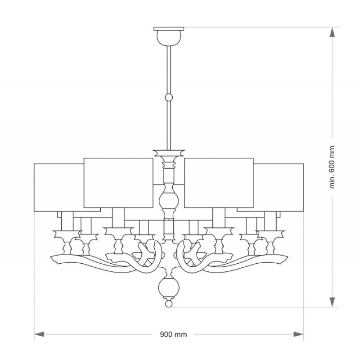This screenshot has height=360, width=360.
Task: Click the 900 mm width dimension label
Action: [x=173, y=334]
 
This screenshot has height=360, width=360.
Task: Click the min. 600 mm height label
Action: [x=332, y=167]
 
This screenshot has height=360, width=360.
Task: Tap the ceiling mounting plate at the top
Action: [x=169, y=29]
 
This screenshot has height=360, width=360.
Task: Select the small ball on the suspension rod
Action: [x=169, y=97]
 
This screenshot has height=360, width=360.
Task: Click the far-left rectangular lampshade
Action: [x=59, y=187]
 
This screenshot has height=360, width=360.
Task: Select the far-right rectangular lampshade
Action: [x=279, y=187]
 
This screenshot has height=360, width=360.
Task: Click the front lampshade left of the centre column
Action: [x=118, y=183]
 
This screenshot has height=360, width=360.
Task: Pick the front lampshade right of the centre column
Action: [x=219, y=183]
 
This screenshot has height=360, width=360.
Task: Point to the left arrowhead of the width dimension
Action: [x=39, y=334]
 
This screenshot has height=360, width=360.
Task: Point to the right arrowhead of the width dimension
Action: [x=299, y=334]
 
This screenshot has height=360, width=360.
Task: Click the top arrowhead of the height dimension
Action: [x=332, y=32]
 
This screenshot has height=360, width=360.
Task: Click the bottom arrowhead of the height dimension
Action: [x=332, y=302]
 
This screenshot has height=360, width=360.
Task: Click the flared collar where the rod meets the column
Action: [x=169, y=153]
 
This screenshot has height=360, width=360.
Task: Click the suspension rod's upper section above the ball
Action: [x=169, y=70]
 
